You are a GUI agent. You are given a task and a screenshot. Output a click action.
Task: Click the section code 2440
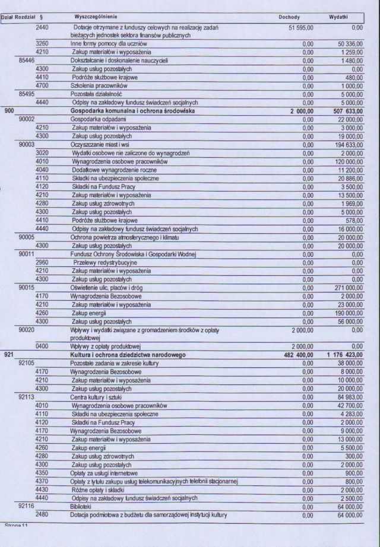(42, 27)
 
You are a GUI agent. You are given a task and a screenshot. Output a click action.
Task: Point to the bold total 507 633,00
(345, 110)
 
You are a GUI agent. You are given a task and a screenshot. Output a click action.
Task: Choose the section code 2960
(42, 262)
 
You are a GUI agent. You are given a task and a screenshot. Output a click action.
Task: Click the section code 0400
(42, 346)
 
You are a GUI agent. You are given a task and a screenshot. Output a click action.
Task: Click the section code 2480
(42, 514)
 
